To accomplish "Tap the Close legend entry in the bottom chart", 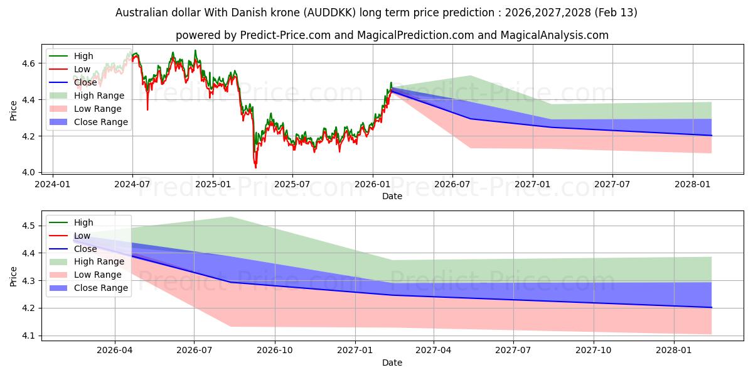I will click(85, 249).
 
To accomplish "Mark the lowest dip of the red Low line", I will click(255, 168).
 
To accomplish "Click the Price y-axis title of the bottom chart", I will click(14, 275).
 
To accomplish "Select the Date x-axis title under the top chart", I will click(392, 196).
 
